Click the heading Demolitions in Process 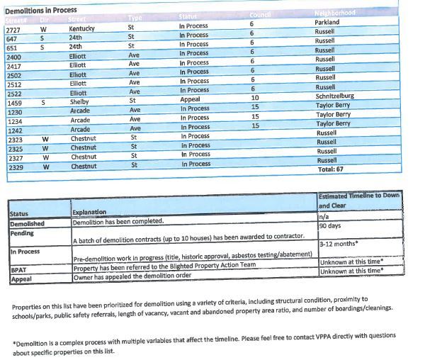pyautogui.click(x=41, y=10)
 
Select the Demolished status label pyautogui.click(x=28, y=223)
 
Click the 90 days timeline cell pyautogui.click(x=329, y=226)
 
